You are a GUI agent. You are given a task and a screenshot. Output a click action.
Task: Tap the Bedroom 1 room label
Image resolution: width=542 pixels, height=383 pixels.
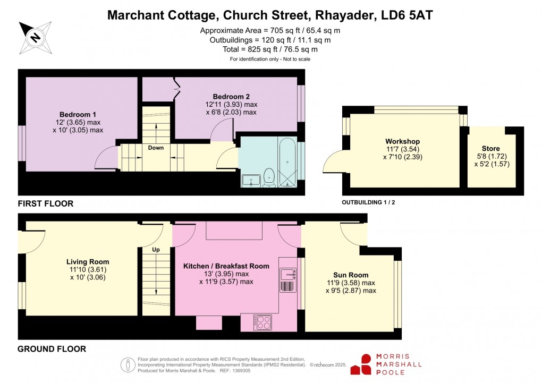[x=78, y=114]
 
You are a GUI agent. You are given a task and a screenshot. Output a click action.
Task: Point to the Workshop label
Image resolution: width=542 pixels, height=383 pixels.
[x=402, y=141]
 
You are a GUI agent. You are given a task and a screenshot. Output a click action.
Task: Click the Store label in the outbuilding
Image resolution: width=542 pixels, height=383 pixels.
[x=490, y=148]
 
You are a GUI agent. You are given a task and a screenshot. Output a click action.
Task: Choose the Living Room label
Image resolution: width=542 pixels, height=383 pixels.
[x=88, y=261]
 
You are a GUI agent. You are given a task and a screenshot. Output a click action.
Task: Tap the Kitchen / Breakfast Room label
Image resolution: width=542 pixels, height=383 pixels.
[x=226, y=266]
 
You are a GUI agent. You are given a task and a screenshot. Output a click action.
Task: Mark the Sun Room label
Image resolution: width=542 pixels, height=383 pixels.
[x=351, y=275]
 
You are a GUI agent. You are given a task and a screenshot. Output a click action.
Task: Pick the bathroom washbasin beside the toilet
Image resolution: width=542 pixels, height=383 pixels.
[x=250, y=181]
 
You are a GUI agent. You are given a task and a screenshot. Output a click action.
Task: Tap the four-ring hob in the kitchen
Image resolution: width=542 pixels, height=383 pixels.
[x=263, y=322]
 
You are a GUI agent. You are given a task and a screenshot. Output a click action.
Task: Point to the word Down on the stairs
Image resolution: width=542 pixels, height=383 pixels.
[x=156, y=148]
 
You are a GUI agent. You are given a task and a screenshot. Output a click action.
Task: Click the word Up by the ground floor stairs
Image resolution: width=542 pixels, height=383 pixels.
[x=156, y=249]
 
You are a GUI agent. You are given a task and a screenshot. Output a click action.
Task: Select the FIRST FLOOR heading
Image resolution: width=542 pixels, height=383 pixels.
[x=46, y=203]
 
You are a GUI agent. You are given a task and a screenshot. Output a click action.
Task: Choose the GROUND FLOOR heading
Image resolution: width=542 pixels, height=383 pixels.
[x=52, y=349]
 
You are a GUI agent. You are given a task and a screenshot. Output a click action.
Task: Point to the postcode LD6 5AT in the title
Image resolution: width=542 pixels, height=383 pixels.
[x=408, y=15]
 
